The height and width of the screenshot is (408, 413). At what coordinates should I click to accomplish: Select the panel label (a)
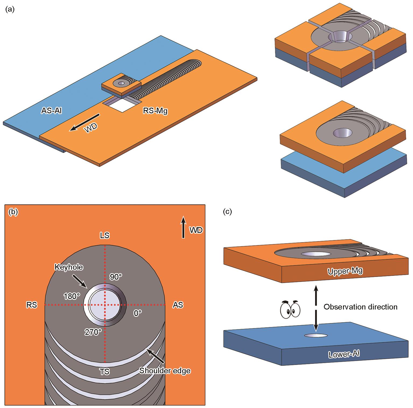pyautogui.click(x=10, y=10)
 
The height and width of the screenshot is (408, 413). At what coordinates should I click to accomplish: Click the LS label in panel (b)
pyautogui.click(x=105, y=235)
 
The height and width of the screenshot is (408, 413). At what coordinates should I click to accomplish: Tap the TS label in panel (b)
pyautogui.click(x=105, y=372)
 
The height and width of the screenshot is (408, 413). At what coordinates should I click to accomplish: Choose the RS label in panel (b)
pyautogui.click(x=31, y=305)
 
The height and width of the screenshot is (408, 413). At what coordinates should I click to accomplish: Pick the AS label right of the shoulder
pyautogui.click(x=178, y=305)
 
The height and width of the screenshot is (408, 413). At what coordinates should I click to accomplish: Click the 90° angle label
pyautogui.click(x=116, y=277)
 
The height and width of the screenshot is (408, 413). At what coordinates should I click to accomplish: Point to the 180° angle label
pyautogui.click(x=72, y=296)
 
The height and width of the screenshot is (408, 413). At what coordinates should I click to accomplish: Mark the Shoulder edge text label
pyautogui.click(x=165, y=371)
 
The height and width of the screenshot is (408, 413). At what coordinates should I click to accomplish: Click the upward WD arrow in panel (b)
pyautogui.click(x=183, y=227)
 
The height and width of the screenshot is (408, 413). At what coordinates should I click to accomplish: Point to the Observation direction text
pyautogui.click(x=360, y=307)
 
